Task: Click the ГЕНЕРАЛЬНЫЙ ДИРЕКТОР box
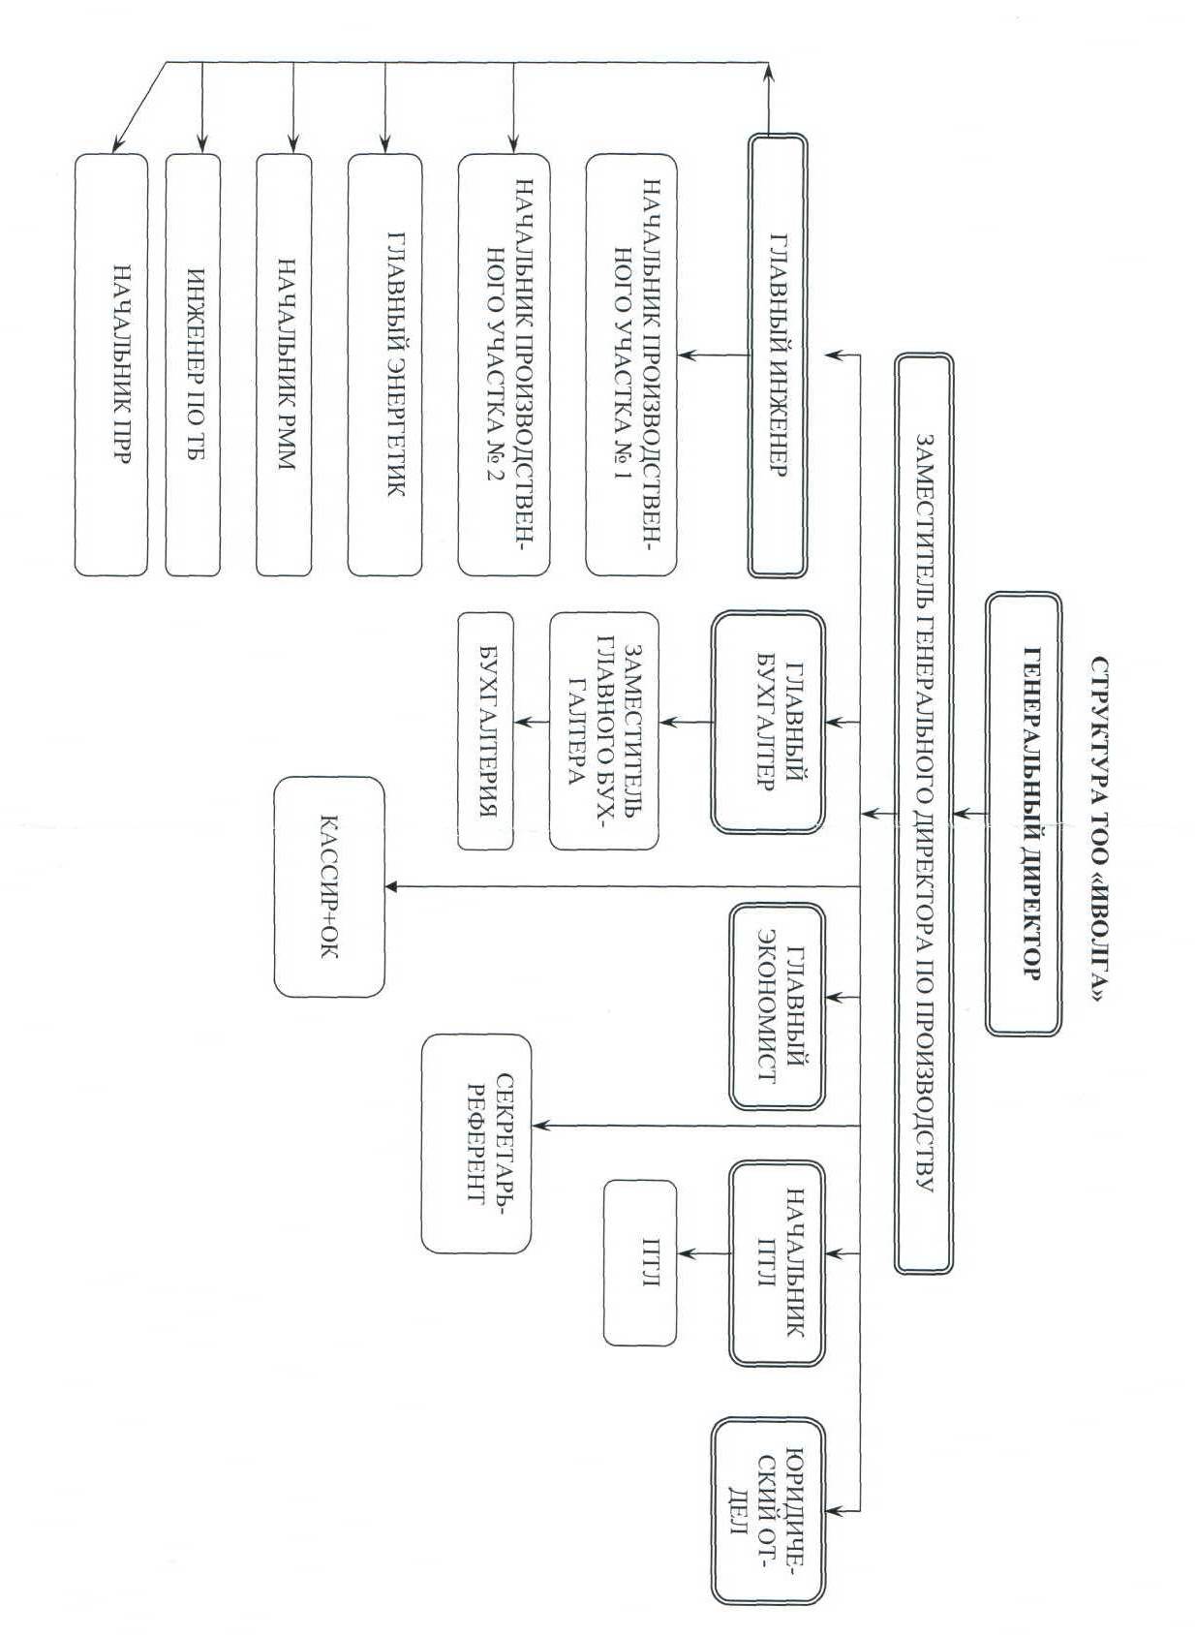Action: pyautogui.click(x=1024, y=814)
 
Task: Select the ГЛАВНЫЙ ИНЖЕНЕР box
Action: pyautogui.click(x=778, y=355)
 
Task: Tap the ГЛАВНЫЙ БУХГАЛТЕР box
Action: pyautogui.click(x=767, y=722)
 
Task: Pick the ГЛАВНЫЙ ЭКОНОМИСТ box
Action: pyautogui.click(x=777, y=1005)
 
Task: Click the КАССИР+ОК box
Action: pyautogui.click(x=329, y=886)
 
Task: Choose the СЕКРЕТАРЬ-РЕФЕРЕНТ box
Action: pyautogui.click(x=476, y=1143)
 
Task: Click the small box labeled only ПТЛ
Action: pyautogui.click(x=640, y=1262)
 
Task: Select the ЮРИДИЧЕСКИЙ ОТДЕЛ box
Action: pyautogui.click(x=767, y=1511)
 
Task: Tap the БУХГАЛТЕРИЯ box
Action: pyautogui.click(x=484, y=730)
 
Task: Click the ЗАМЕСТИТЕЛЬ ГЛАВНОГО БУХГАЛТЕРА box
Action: pyautogui.click(x=603, y=730)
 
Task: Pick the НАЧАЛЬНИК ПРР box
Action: pyautogui.click(x=111, y=364)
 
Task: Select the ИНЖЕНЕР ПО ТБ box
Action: pyautogui.click(x=193, y=364)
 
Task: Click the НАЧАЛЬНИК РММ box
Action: pyautogui.click(x=284, y=364)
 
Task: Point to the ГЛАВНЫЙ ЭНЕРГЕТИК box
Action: pyautogui.click(x=384, y=364)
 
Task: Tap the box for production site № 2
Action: pyautogui.click(x=504, y=364)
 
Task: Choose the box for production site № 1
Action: pyautogui.click(x=631, y=364)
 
